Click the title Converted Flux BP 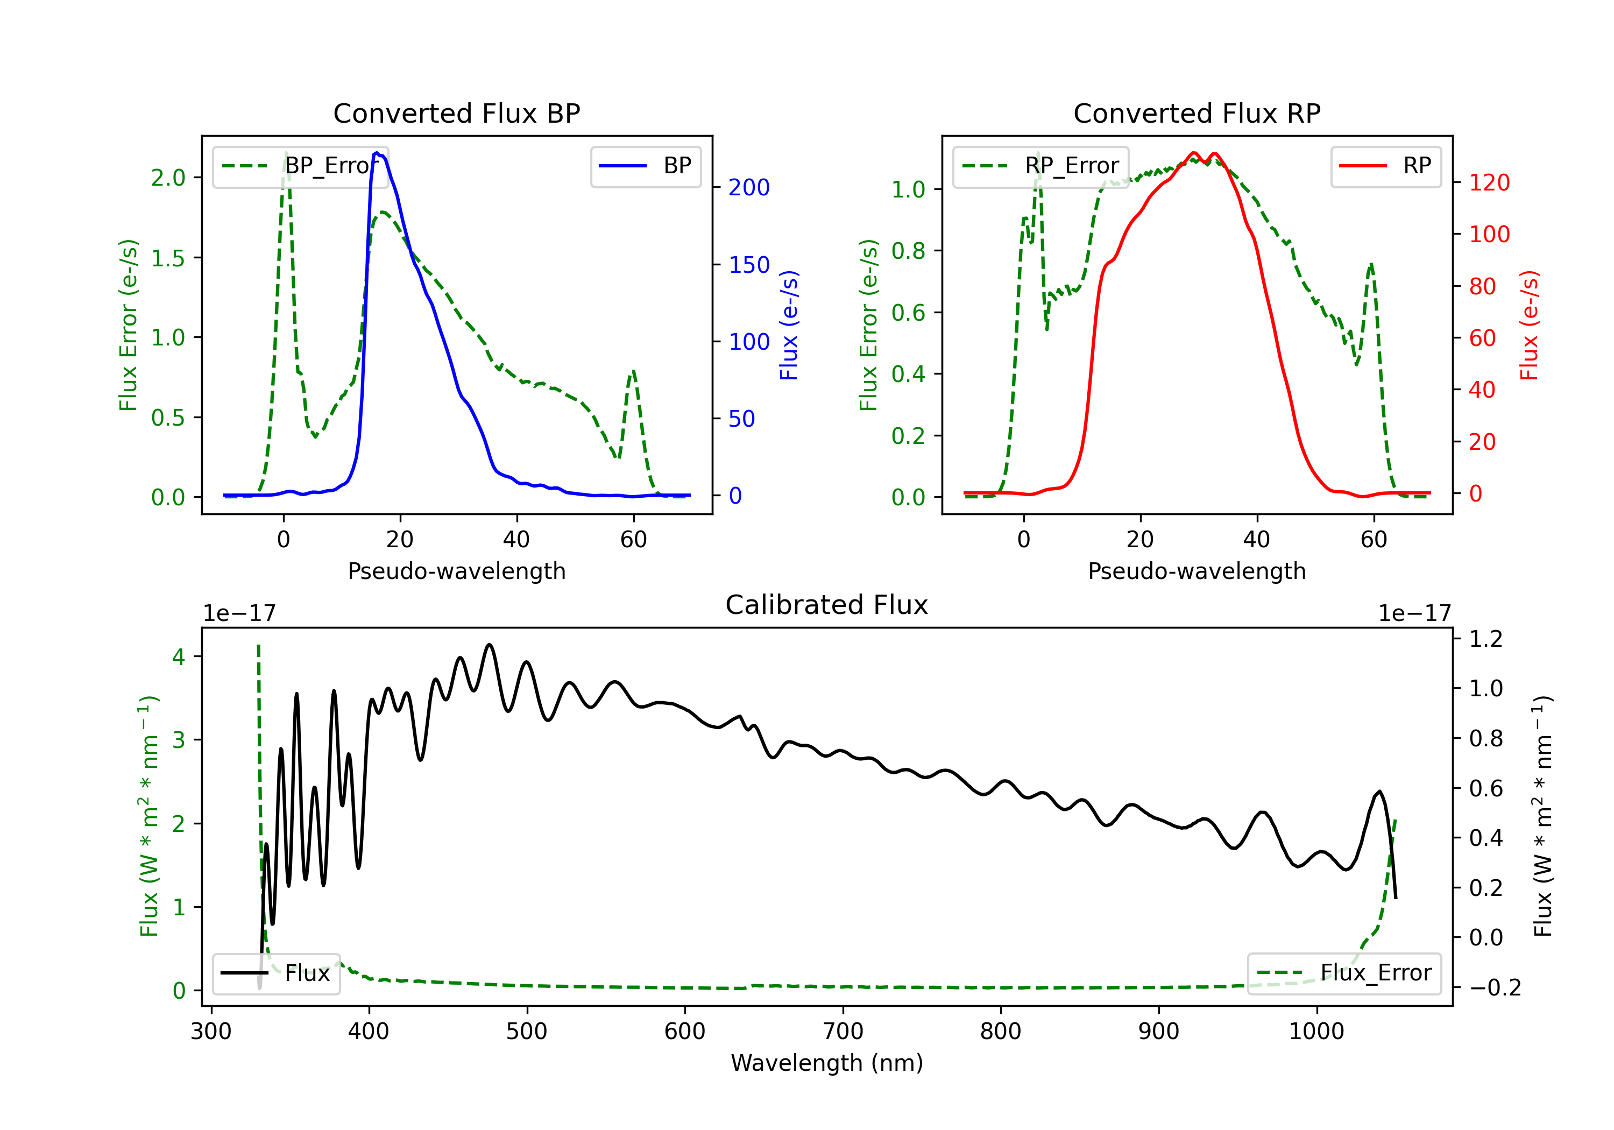click(x=456, y=113)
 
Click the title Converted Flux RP click(x=1197, y=113)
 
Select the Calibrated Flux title click(x=827, y=605)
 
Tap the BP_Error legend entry click(x=300, y=166)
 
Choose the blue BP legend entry click(x=645, y=166)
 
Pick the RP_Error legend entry click(x=1040, y=166)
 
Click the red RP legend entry click(x=1385, y=166)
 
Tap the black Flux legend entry click(x=275, y=973)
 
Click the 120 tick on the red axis click(x=1489, y=183)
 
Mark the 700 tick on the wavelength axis click(x=843, y=1031)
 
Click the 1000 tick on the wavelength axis click(x=1316, y=1031)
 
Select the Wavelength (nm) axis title click(x=827, y=1063)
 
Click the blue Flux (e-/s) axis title click(x=789, y=325)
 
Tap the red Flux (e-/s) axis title click(x=1529, y=325)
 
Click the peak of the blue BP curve click(x=378, y=153)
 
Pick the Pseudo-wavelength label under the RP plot click(x=1197, y=571)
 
